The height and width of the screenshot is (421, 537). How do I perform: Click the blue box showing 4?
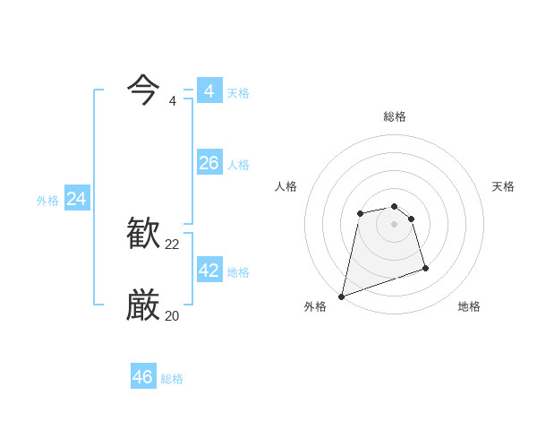click(x=209, y=91)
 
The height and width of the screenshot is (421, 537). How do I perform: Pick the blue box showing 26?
click(x=209, y=163)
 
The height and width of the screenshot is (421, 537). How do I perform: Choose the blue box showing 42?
click(x=209, y=271)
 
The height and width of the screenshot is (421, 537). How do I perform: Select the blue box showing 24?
click(x=77, y=199)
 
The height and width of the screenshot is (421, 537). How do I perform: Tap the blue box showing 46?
click(x=143, y=377)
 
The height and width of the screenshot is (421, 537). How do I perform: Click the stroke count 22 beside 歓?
click(x=173, y=245)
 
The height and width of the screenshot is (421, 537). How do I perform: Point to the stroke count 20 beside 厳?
click(x=173, y=316)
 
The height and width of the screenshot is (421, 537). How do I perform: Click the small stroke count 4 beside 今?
click(x=173, y=101)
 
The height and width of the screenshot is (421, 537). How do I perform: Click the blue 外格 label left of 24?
click(x=47, y=201)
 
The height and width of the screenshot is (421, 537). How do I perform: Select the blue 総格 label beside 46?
click(x=172, y=379)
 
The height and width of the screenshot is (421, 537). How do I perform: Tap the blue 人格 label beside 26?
click(x=238, y=165)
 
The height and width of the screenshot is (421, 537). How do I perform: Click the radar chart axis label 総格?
click(x=395, y=116)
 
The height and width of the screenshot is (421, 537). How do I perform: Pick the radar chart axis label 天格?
click(x=504, y=186)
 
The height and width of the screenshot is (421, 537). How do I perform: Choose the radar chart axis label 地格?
click(x=469, y=306)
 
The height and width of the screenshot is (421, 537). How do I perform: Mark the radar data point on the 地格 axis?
click(x=425, y=268)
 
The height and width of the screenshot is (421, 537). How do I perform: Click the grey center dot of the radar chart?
click(x=394, y=223)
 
